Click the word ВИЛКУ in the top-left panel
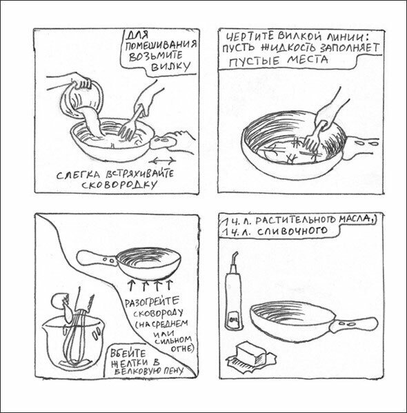(170, 67)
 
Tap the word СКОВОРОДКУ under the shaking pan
(119, 184)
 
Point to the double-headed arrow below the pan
(162, 161)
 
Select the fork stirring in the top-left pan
(132, 123)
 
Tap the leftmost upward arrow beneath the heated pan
(132, 285)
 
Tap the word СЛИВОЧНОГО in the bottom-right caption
(292, 231)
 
